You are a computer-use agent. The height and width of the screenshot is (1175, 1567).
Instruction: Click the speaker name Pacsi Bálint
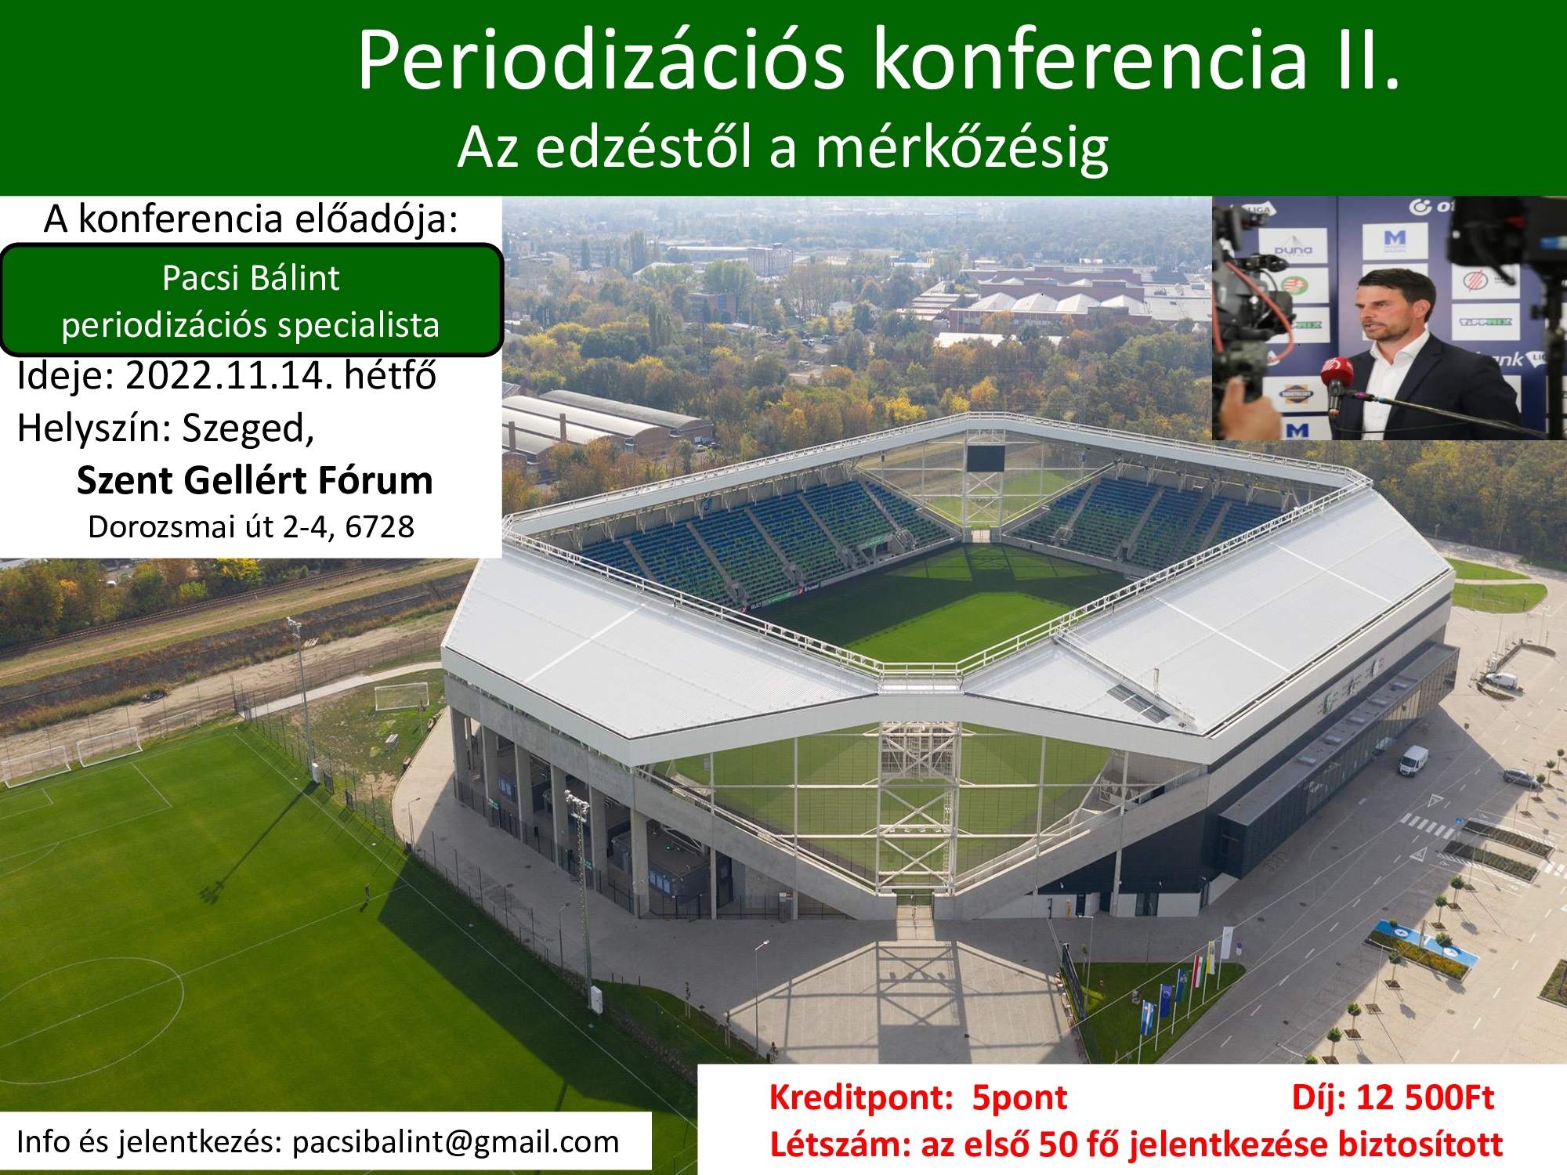point(251,278)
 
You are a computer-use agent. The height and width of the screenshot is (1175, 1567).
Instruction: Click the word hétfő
point(390,375)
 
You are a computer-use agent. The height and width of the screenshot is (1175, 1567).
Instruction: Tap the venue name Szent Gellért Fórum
point(255,480)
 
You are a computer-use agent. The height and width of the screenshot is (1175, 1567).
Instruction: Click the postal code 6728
point(379,527)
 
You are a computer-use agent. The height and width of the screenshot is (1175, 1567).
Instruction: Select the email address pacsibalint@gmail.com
point(455,1142)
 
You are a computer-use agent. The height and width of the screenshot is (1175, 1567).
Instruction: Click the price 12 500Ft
point(1425,1097)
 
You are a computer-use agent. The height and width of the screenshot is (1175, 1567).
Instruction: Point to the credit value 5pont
point(1019,1097)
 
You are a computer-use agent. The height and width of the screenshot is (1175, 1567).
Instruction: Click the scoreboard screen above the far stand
point(985,457)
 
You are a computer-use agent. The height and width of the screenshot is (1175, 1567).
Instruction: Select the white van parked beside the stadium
point(1413,759)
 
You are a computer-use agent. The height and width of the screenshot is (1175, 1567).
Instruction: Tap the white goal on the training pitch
point(402,696)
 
